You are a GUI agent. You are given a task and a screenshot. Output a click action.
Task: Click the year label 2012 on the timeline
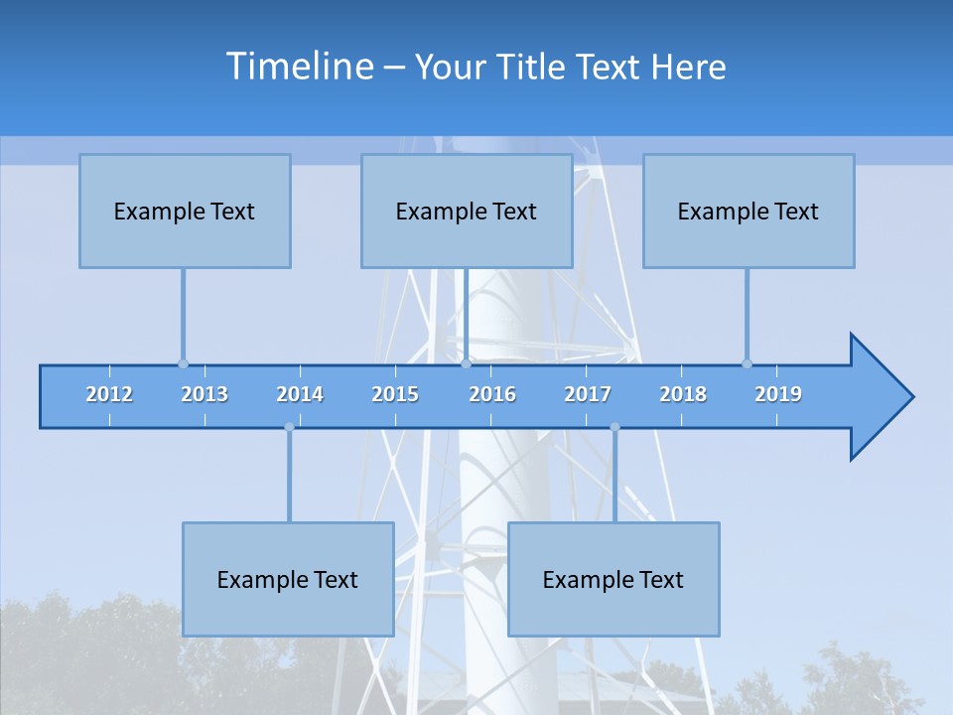coord(109,394)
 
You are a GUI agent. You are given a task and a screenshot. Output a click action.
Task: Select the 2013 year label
coord(204,394)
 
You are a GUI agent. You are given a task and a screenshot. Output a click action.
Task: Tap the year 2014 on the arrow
coord(300,394)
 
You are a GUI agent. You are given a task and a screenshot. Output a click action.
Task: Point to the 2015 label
coord(395,394)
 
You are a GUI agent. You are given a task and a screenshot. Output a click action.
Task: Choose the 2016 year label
coord(492,394)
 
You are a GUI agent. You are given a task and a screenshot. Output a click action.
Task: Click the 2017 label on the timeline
coord(588,394)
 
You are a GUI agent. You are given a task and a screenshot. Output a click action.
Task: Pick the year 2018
coord(683,394)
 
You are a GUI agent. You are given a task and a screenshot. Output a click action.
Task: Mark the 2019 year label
coord(778,394)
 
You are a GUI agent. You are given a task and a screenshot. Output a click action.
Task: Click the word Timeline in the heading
coord(299,67)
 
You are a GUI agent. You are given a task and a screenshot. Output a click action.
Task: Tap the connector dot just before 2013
coord(183,363)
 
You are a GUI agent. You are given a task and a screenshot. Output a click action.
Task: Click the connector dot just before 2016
coord(466,363)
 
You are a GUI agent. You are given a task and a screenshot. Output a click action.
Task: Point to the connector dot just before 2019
coord(747,363)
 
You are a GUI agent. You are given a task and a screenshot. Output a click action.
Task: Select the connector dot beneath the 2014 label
coord(289,427)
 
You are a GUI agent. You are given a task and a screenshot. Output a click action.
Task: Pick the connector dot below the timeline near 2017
coord(614,427)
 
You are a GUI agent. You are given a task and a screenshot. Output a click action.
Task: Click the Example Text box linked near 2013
coord(185,211)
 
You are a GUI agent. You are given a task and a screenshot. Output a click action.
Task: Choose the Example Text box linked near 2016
coord(467,211)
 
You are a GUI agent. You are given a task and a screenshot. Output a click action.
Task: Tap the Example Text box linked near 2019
coord(749,211)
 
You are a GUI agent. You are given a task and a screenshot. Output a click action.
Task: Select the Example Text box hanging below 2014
coord(288,579)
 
